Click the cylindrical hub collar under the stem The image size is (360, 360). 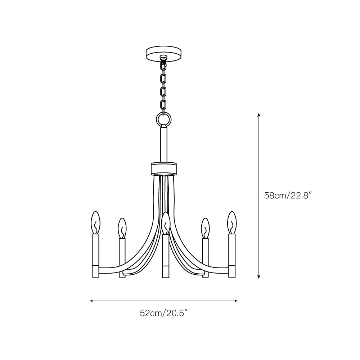[x=164, y=169]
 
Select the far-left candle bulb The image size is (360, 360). [x=95, y=222]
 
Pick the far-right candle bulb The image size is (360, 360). [x=232, y=222]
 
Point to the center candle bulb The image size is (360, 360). [x=166, y=224]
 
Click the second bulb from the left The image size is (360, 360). [x=122, y=228]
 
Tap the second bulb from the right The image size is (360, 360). [x=205, y=228]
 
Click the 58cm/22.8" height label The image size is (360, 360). [x=288, y=195]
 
